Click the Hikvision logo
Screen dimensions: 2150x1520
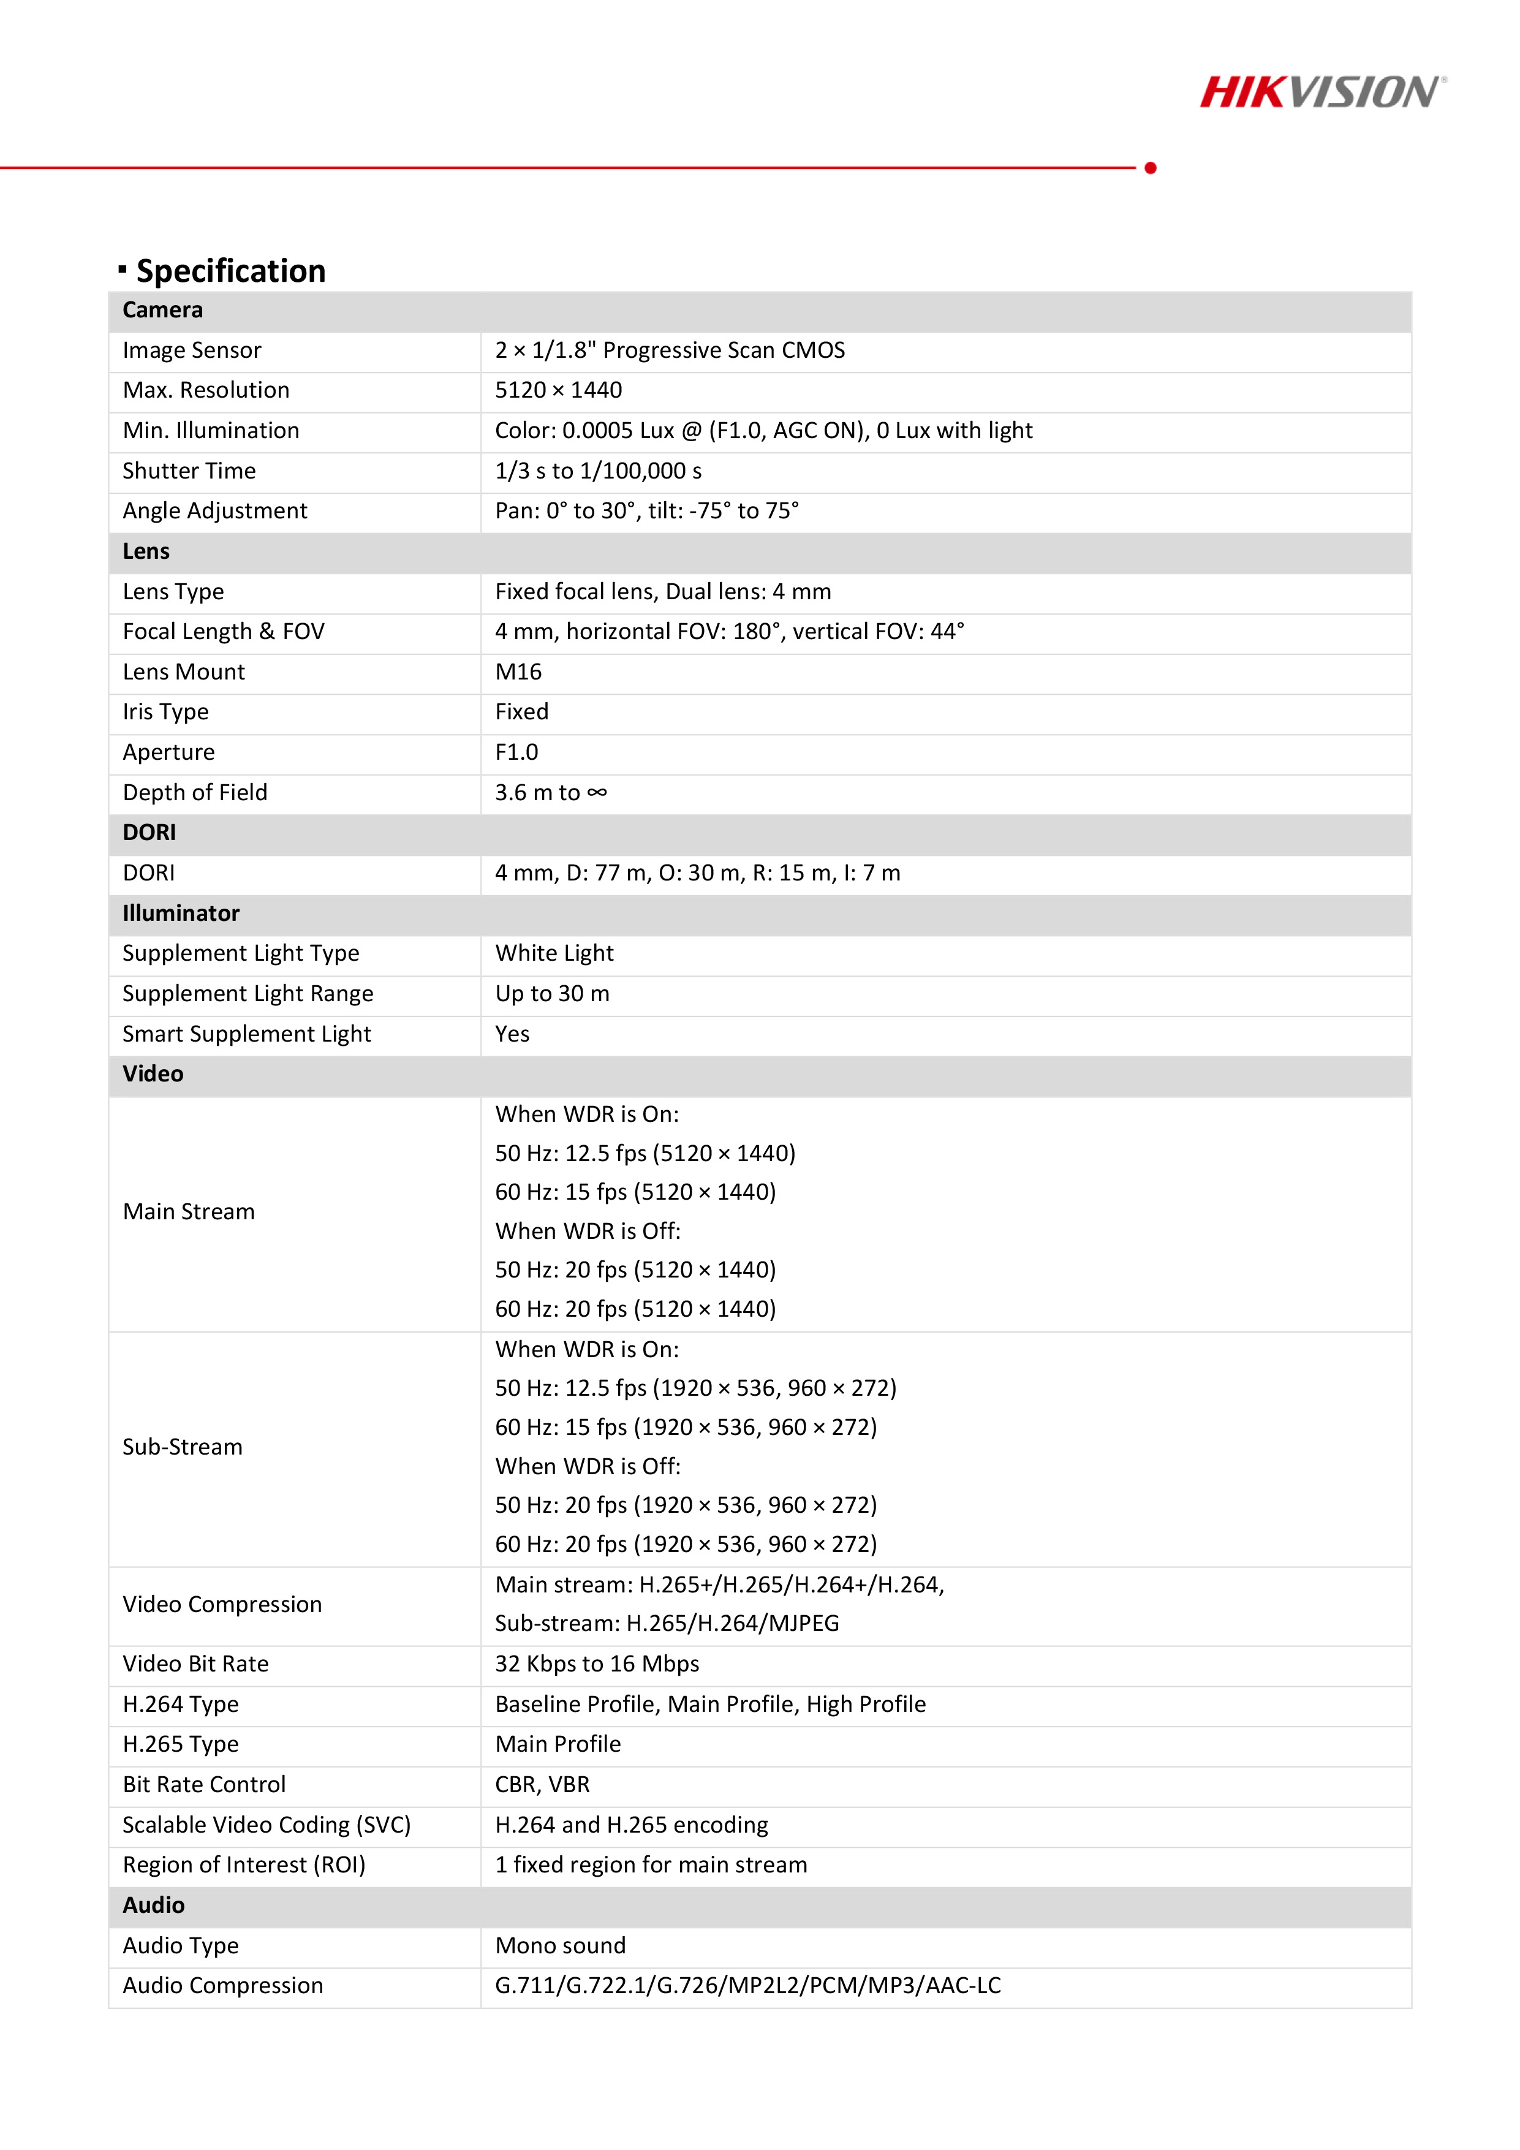tap(1321, 92)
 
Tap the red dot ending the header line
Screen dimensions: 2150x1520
tap(1150, 168)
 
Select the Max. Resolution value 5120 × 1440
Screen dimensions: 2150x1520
tap(558, 390)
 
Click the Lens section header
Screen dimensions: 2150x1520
tap(146, 551)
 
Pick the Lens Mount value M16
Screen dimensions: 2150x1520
tap(518, 672)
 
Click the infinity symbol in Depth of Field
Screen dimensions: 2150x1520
tap(597, 792)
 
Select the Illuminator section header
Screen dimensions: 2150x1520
tap(181, 913)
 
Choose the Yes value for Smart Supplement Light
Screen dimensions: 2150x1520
tap(512, 1034)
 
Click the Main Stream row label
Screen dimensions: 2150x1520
tap(188, 1212)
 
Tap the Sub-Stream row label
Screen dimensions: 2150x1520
tap(183, 1447)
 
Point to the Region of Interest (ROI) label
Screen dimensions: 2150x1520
tap(243, 1864)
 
